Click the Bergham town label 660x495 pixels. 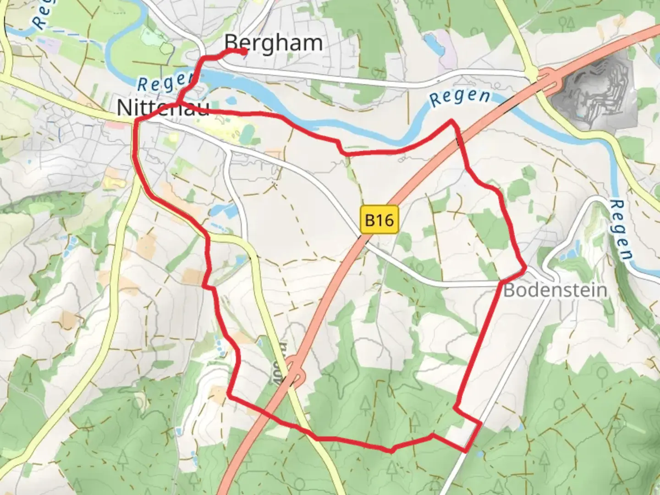pos(274,43)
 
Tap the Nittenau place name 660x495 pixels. pos(163,108)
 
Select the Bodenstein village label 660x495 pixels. pos(555,290)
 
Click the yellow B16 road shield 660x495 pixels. pos(379,220)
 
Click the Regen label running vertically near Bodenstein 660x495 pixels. pos(621,229)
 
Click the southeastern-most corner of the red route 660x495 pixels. pos(466,451)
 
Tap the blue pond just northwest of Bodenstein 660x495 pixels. pos(570,253)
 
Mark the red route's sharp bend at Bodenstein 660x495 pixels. pos(524,269)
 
